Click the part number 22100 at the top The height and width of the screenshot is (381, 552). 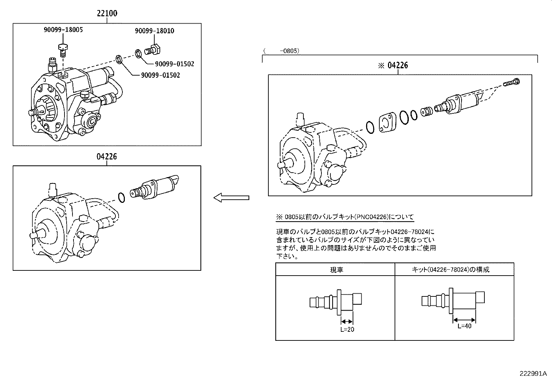(x=107, y=14)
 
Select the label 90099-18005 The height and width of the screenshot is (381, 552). (x=63, y=30)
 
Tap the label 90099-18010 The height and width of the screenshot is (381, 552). (x=154, y=31)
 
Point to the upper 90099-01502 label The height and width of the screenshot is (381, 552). (x=174, y=64)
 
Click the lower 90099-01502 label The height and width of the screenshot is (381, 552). (x=160, y=75)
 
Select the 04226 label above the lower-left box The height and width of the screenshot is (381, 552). (x=107, y=157)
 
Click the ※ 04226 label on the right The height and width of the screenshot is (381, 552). (x=393, y=65)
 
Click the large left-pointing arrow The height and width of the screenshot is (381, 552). (x=231, y=198)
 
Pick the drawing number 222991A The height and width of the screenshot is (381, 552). (x=533, y=374)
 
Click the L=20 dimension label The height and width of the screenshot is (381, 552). (x=347, y=329)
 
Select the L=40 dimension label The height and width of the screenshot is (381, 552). (x=464, y=326)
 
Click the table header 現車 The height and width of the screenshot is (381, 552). (x=336, y=270)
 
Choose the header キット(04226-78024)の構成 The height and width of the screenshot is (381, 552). (x=450, y=270)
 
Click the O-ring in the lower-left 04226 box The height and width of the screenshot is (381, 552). (x=121, y=197)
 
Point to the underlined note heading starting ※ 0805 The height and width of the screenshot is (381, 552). (x=345, y=217)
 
